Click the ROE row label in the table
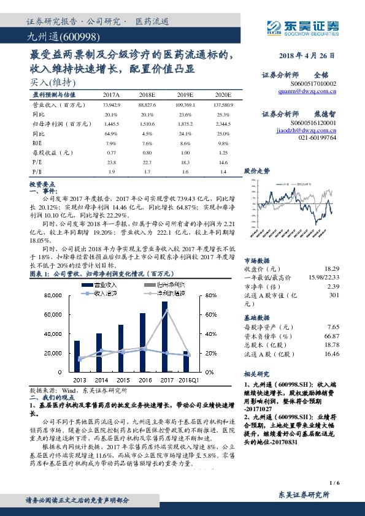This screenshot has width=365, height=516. click(x=37, y=143)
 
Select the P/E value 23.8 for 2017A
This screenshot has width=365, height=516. click(x=111, y=162)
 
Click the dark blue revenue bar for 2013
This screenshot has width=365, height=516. click(x=77, y=356)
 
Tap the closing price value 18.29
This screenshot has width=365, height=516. click(x=331, y=268)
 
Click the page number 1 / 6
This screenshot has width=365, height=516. click(x=334, y=483)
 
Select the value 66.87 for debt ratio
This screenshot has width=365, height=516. click(x=332, y=336)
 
